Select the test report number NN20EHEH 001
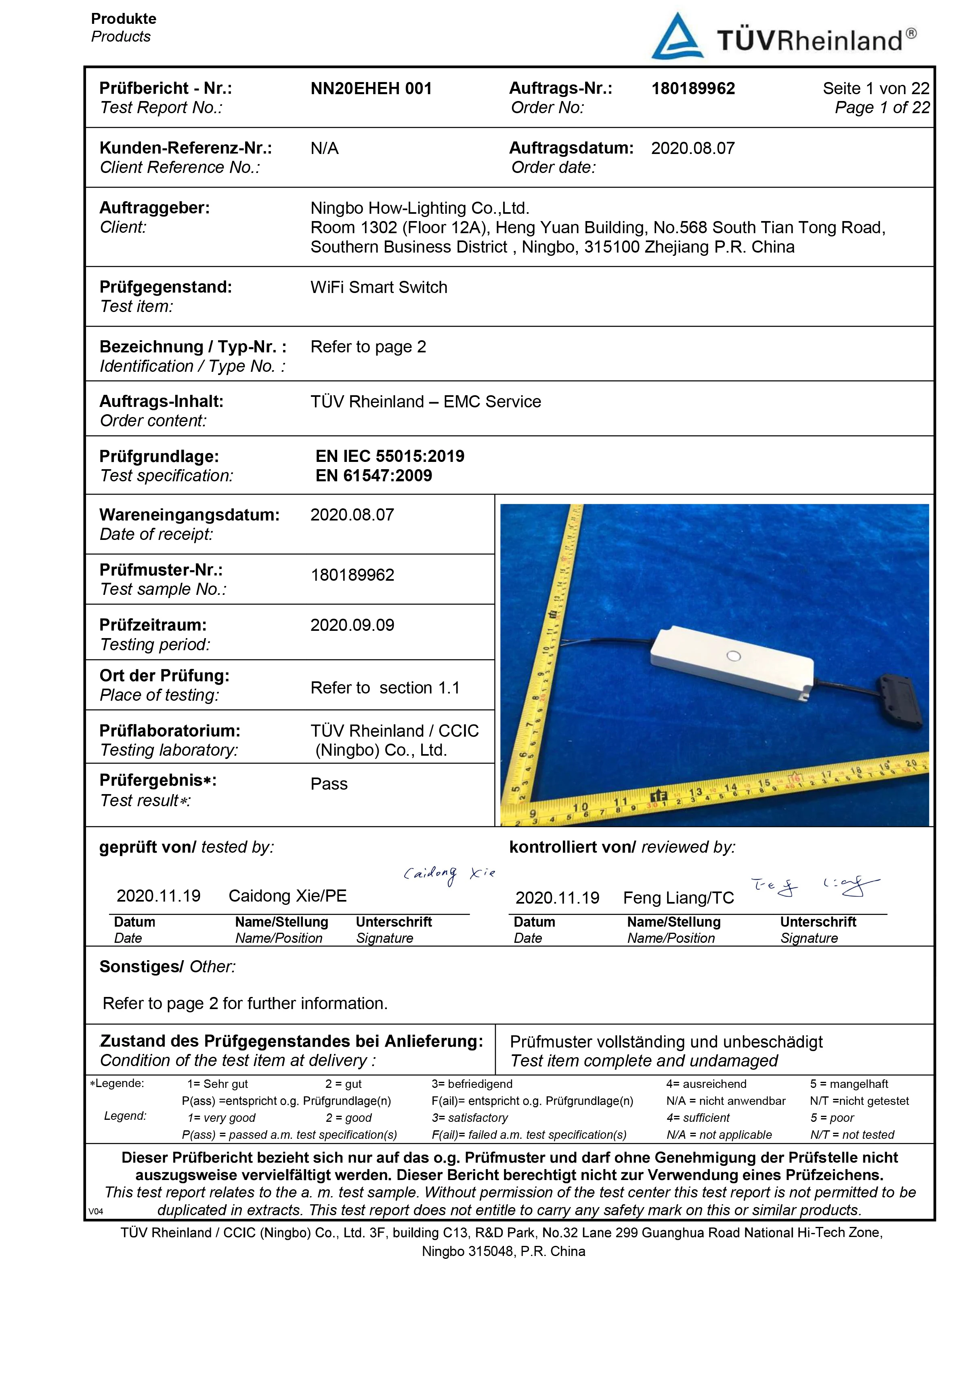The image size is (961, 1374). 371,89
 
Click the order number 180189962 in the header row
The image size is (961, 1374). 692,89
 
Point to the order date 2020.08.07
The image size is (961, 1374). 692,148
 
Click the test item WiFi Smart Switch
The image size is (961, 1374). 378,287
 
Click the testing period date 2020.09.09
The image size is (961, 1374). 352,625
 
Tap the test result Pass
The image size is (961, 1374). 329,784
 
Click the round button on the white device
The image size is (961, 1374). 733,656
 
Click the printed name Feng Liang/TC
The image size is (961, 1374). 678,898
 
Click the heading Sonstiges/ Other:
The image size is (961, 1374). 168,967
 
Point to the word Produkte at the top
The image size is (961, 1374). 124,19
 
